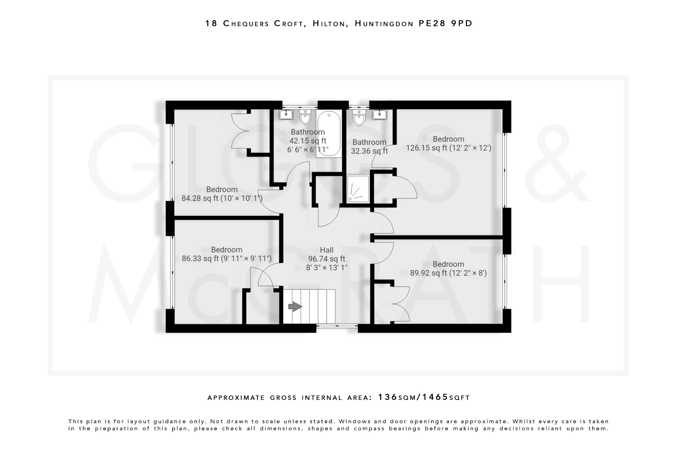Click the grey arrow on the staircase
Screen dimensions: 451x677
pos(295,307)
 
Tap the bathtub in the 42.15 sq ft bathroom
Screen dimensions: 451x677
pos(329,134)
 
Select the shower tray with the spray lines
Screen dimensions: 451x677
pos(358,189)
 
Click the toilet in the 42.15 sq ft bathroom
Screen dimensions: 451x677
pos(305,117)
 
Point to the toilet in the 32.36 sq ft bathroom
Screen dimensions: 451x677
pos(359,118)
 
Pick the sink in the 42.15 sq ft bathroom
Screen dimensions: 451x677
pos(285,115)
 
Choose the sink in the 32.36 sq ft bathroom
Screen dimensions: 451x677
pos(379,115)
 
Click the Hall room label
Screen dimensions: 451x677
pos(327,250)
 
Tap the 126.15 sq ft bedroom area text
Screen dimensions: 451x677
pos(448,148)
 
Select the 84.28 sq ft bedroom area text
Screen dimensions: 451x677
pos(222,198)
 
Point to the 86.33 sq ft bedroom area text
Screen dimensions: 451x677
pos(226,258)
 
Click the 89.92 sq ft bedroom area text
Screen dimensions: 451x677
pos(448,273)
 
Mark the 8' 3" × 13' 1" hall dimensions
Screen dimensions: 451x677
pos(327,268)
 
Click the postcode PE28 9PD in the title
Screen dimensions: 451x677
pos(446,23)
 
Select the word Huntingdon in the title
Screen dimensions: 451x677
pos(384,23)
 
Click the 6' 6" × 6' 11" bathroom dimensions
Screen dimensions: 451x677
pos(308,150)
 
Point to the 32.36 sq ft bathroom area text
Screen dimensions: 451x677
pos(369,151)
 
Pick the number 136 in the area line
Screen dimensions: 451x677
pos(387,397)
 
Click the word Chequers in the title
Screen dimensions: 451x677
pos(246,23)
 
